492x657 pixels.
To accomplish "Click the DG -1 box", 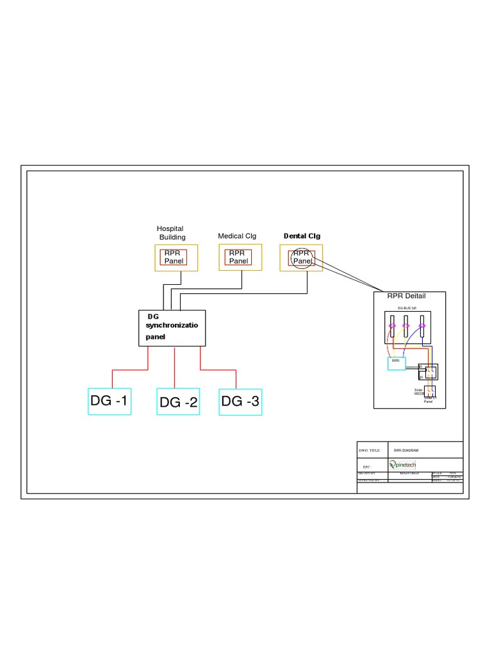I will coord(110,402).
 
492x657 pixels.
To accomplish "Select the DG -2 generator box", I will coord(178,402).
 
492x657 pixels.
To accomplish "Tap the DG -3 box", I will coord(240,402).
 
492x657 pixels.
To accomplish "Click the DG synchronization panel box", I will coord(172,328).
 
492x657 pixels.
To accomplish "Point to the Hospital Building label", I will coord(170,233).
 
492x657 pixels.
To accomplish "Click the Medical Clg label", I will coord(237,236).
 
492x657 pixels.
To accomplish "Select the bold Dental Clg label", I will coord(302,236).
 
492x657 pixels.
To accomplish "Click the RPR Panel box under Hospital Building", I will coord(174,257).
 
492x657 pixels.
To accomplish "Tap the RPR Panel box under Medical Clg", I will coord(238,257).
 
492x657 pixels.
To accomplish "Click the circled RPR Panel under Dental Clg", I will coord(302,257).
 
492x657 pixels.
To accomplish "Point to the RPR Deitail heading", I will coord(406,296).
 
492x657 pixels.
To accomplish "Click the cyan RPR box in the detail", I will coord(397,363).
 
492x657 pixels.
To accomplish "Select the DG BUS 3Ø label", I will coord(407,309).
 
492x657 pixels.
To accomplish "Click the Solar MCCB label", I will coord(419,391).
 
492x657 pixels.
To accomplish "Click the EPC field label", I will coord(367,467).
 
